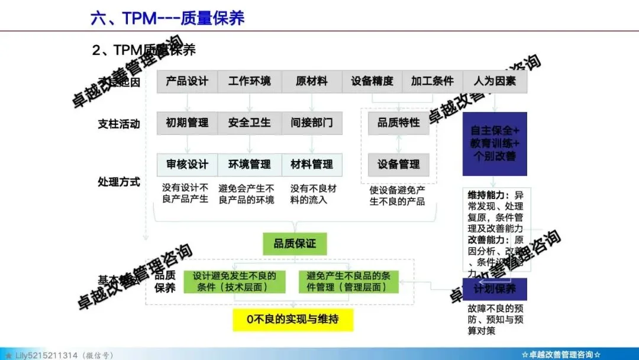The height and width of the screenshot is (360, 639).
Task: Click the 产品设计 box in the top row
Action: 187,82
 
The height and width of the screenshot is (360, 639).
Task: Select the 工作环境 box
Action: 249,82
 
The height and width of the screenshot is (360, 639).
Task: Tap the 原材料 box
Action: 312,82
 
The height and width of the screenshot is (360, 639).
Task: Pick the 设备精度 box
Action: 372,82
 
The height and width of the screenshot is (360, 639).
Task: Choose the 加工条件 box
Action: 433,82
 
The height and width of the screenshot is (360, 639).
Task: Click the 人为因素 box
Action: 495,82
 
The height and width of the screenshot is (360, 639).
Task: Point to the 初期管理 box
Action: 187,123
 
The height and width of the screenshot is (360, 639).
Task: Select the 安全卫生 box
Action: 249,123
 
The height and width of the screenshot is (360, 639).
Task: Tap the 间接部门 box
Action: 312,123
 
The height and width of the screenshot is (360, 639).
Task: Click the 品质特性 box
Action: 399,123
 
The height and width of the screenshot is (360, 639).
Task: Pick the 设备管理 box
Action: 399,164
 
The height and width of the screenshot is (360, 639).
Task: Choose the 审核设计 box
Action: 187,164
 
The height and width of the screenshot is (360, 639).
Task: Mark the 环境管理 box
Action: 249,164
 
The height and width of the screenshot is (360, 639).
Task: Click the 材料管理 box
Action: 312,164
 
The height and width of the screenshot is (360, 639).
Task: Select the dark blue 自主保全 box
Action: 495,143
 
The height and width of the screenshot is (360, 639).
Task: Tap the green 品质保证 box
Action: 295,244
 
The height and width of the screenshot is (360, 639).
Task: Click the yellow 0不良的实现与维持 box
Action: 293,320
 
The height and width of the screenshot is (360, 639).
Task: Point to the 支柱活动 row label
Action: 119,124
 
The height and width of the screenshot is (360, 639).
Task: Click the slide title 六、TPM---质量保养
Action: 167,18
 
